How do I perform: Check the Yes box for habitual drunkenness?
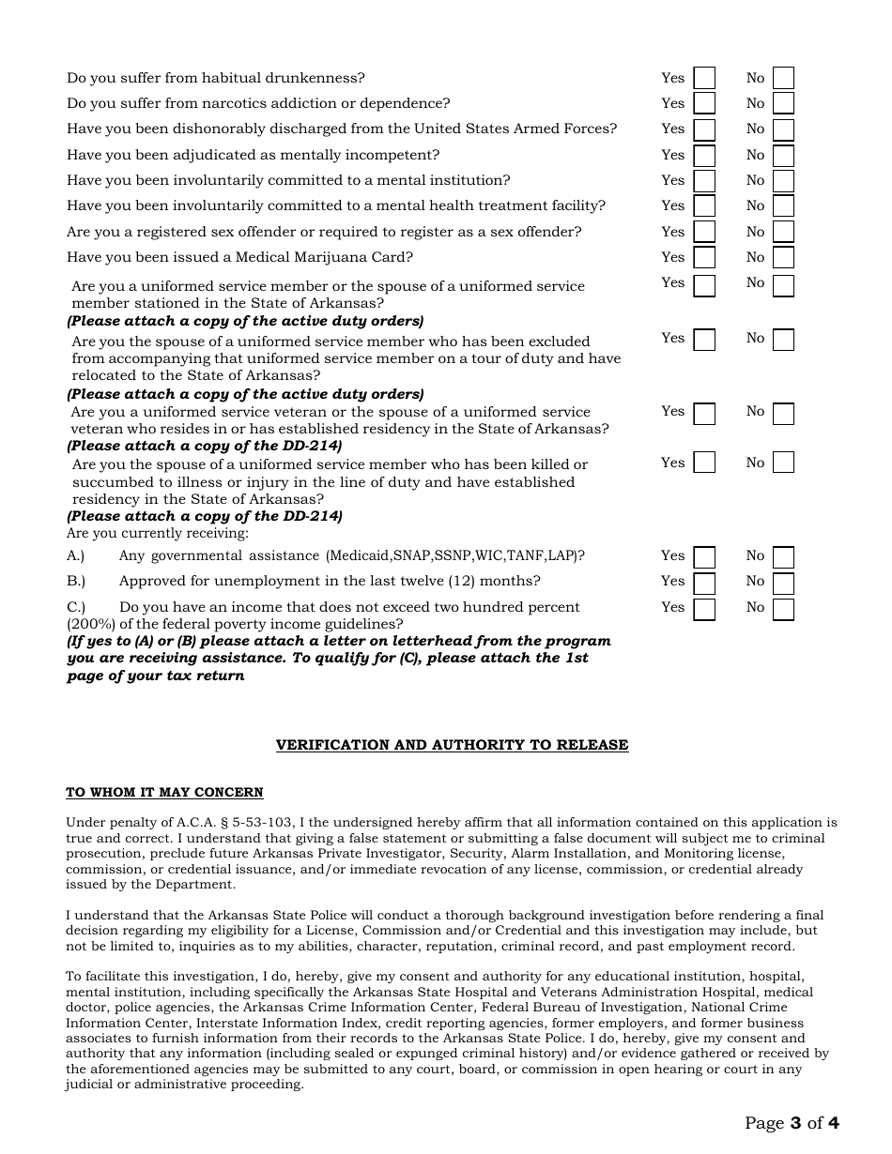703,78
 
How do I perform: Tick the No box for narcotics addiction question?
783,104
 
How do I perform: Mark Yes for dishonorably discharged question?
703,129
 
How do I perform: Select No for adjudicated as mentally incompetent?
783,156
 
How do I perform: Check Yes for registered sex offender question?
703,232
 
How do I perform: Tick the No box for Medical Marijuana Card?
783,258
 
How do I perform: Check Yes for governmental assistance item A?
703,557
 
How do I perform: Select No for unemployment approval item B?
783,583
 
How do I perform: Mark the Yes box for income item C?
703,609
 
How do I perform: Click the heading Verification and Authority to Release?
452,745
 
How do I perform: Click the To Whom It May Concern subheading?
164,793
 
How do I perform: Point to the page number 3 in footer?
795,1123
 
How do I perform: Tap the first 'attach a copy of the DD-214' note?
205,446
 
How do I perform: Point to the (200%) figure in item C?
91,624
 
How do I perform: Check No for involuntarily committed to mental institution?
783,181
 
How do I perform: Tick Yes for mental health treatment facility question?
703,206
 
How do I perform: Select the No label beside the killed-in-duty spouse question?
755,463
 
